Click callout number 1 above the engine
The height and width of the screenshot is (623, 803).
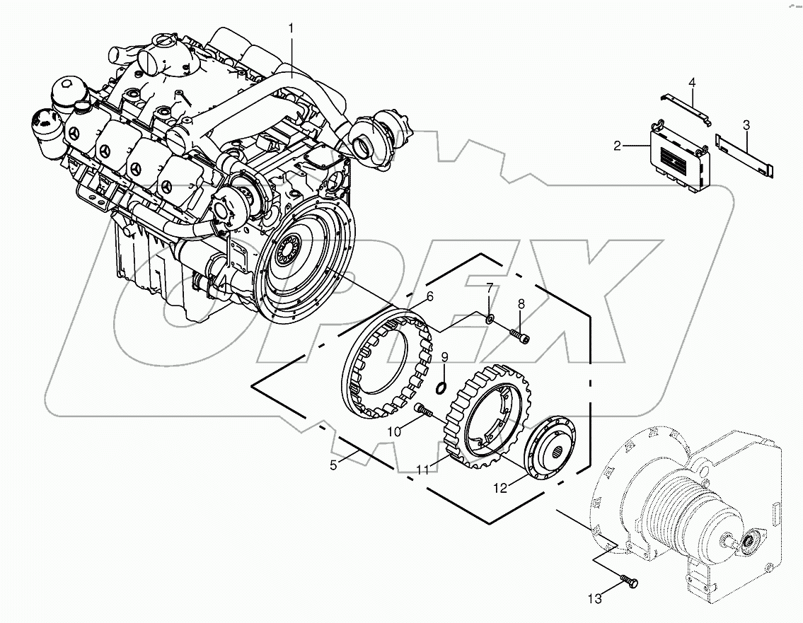[x=290, y=28]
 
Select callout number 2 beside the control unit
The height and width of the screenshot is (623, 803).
[x=618, y=146]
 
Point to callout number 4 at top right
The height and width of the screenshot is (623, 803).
[x=692, y=83]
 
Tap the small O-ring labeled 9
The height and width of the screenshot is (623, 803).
[x=440, y=385]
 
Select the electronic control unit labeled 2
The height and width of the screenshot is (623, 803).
[x=679, y=159]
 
